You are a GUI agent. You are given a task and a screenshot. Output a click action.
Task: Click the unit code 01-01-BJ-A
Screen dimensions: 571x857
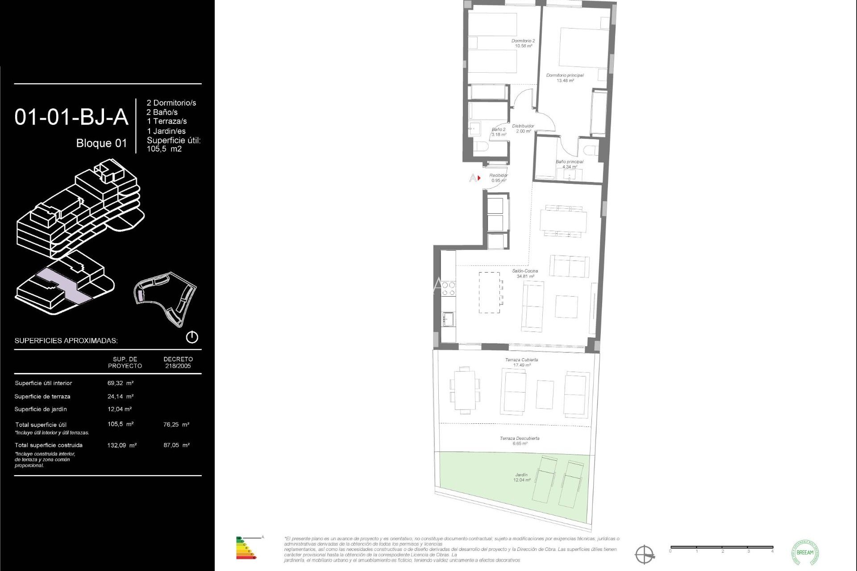71,117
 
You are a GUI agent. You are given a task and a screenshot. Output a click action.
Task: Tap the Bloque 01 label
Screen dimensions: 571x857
101,143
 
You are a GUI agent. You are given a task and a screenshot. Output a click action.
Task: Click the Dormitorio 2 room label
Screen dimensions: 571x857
523,43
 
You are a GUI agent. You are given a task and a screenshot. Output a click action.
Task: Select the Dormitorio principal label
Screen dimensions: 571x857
565,78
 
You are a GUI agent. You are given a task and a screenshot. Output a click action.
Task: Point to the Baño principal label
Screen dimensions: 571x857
569,164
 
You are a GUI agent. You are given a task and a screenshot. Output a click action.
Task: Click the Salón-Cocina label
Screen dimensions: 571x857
525,273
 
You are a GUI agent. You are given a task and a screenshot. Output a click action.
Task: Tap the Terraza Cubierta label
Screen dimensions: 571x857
521,362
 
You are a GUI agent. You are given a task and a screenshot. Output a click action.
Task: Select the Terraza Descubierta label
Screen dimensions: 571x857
520,441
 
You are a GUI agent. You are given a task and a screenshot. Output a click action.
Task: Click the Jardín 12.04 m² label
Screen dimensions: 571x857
521,477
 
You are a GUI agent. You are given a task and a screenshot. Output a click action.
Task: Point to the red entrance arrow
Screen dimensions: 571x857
479,178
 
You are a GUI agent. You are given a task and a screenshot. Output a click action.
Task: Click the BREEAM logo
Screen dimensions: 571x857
805,552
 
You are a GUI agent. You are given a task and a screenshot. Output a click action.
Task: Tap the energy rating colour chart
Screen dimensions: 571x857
245,548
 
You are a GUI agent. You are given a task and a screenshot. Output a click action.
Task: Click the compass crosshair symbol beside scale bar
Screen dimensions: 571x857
645,554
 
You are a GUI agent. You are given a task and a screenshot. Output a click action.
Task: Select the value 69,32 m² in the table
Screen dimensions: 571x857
121,383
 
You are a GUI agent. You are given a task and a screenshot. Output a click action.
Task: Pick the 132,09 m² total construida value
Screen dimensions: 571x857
122,445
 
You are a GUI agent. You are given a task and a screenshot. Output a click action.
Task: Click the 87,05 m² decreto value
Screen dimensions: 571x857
176,445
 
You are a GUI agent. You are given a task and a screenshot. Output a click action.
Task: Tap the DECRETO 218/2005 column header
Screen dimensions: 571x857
178,362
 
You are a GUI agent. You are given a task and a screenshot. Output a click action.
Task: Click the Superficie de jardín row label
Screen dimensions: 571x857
41,409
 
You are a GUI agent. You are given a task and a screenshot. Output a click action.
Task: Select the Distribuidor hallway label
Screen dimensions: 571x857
523,128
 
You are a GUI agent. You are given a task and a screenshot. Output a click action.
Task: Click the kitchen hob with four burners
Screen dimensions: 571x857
449,289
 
